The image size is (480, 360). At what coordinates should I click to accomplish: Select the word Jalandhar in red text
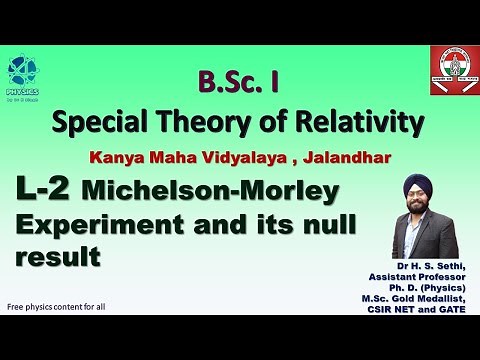pyautogui.click(x=312, y=158)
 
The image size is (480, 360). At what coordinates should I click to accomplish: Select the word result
pyautogui.click(x=59, y=256)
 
